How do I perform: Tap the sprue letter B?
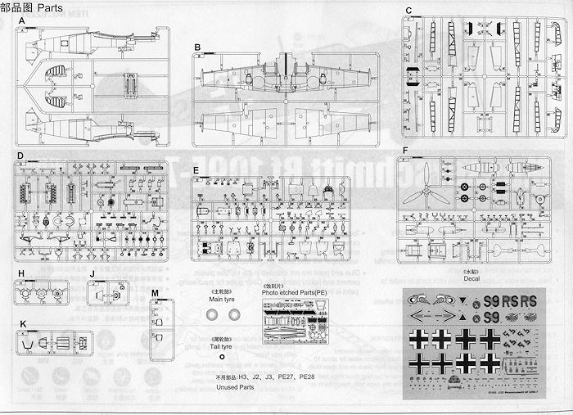[197, 47]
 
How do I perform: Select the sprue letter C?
[408, 10]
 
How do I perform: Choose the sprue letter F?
[404, 151]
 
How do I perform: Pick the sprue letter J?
[92, 272]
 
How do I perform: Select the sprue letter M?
[155, 292]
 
